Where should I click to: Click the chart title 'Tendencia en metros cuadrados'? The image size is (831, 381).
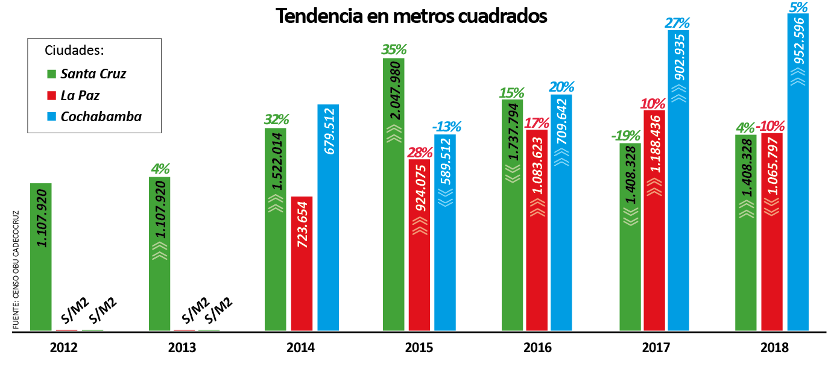(411, 16)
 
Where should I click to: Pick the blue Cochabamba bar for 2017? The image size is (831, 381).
(678, 181)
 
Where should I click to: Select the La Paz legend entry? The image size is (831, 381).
(80, 95)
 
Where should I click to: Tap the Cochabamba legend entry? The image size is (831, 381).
(100, 116)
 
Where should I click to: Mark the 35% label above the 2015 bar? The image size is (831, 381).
(393, 49)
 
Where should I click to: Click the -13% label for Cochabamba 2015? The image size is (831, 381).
(446, 127)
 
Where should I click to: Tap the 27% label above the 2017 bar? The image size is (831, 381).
(677, 24)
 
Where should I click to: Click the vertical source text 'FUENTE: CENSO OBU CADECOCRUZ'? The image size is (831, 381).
(16, 269)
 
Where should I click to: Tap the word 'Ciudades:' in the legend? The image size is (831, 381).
(75, 50)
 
